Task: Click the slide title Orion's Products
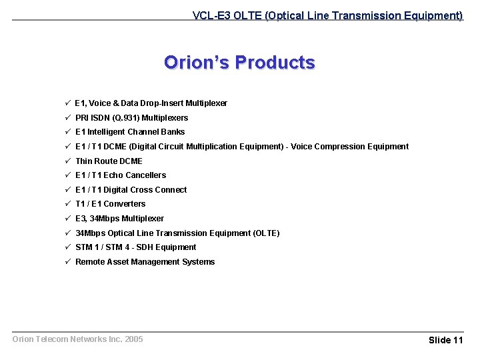tap(239, 63)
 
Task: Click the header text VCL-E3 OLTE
tap(227, 15)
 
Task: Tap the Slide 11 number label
tap(445, 340)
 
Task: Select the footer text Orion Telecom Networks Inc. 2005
tap(78, 339)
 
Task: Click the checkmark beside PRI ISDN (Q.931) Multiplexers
tap(67, 117)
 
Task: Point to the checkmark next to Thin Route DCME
tap(67, 161)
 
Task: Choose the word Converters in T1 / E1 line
tap(124, 204)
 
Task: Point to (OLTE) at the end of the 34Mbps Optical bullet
tap(267, 233)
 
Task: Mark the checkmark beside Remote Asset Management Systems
tap(67, 261)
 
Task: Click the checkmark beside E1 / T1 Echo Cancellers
tap(67, 175)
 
